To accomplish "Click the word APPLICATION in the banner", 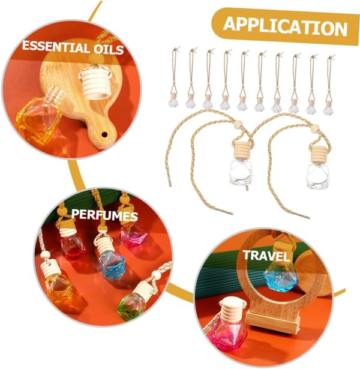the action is [285, 26].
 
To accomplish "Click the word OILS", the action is [108, 49].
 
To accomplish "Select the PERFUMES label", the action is [104, 215].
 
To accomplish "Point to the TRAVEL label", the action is [266, 256].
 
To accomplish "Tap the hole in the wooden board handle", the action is [104, 134].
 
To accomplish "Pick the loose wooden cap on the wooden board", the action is [95, 82].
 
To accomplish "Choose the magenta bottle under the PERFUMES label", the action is [133, 235].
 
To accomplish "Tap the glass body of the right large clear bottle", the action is [318, 176].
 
